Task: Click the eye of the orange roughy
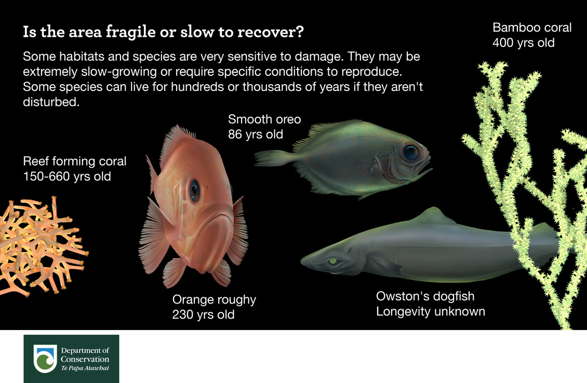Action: [194, 191]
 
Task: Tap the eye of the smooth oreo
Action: [410, 152]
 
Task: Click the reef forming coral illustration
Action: [39, 244]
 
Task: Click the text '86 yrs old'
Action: [256, 134]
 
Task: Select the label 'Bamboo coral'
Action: [532, 28]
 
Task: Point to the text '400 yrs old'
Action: [524, 43]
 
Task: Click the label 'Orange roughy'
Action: [214, 300]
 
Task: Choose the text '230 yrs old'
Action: [203, 314]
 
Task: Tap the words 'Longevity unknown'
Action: [431, 311]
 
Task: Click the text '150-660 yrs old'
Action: [67, 176]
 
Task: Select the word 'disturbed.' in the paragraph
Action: [50, 102]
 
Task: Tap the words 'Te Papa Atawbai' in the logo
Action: [85, 368]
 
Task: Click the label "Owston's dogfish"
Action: [425, 297]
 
